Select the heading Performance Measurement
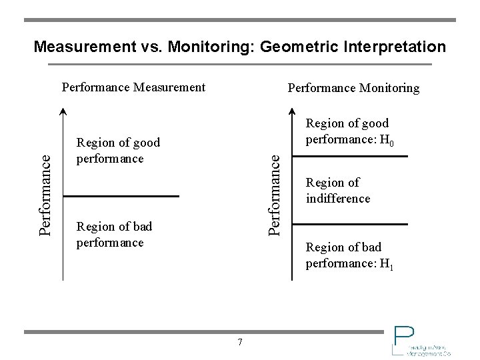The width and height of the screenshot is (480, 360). click(x=133, y=87)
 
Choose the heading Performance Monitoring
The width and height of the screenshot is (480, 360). click(x=353, y=88)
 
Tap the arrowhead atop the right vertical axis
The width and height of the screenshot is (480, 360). click(x=293, y=111)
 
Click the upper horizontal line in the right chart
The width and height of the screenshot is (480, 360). click(x=350, y=156)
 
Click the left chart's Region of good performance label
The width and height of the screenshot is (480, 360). click(x=118, y=151)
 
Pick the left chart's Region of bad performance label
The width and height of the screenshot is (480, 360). click(x=114, y=235)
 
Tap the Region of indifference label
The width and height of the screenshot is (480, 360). click(x=338, y=191)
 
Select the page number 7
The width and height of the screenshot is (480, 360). click(x=240, y=343)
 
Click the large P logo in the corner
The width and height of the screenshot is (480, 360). click(x=403, y=337)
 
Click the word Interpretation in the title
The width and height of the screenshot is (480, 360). click(x=395, y=47)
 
